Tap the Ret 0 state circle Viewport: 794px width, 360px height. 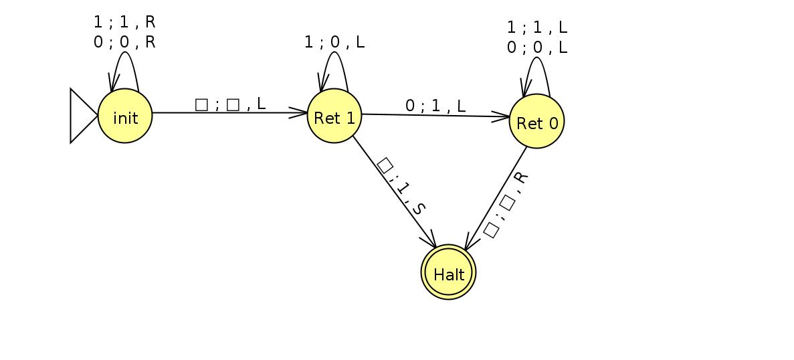click(x=536, y=121)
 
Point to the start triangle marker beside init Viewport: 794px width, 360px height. click(x=82, y=116)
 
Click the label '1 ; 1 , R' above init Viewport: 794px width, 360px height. click(x=124, y=22)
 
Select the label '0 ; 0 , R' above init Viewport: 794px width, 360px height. click(x=124, y=41)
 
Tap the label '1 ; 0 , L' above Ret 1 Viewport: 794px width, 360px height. click(x=334, y=42)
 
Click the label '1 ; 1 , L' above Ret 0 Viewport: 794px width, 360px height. click(x=536, y=28)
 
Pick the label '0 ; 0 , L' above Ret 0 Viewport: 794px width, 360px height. click(x=536, y=48)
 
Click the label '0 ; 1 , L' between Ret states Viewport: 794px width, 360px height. click(x=435, y=106)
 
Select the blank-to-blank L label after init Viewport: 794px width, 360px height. click(x=229, y=104)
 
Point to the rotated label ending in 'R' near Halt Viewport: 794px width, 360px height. click(x=506, y=205)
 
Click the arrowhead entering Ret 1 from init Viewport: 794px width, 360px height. click(x=299, y=112)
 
